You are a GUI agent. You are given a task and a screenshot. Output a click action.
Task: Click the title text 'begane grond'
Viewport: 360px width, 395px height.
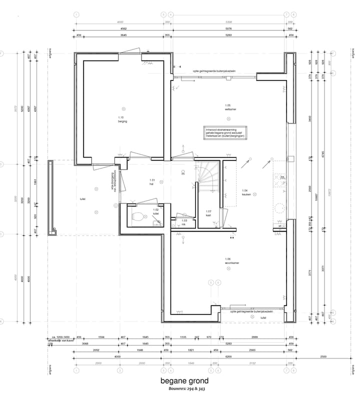pos(184,381)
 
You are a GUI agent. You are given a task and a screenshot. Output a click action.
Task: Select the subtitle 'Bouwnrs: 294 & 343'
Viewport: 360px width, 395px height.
pos(184,388)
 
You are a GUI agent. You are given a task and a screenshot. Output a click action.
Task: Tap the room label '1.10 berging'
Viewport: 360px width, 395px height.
pos(122,119)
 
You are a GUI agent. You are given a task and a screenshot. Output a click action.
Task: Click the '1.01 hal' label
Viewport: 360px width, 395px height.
pos(152,181)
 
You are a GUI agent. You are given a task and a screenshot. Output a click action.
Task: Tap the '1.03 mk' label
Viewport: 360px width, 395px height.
pos(183,222)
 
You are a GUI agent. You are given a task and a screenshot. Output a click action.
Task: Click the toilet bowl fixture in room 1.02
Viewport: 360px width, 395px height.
pos(138,216)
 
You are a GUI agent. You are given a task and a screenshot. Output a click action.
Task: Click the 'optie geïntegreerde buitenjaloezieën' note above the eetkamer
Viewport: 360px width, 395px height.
pos(218,71)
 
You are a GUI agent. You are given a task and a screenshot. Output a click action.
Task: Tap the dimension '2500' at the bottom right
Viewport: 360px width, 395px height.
pos(323,356)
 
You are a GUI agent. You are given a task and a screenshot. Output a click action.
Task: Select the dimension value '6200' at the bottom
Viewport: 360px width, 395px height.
pos(228,356)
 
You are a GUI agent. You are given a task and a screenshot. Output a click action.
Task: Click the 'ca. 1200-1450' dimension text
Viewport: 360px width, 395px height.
pos(59,337)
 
